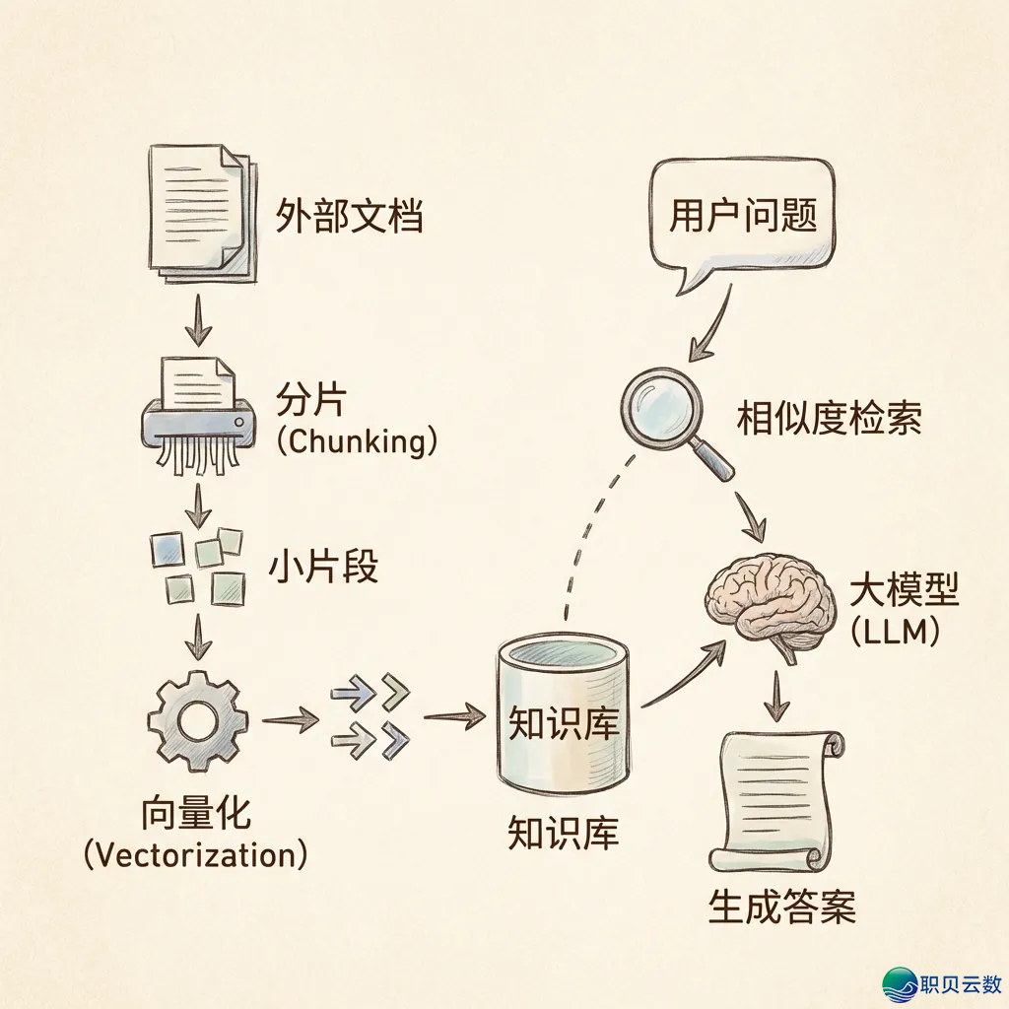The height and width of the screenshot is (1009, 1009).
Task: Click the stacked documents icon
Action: click(200, 211)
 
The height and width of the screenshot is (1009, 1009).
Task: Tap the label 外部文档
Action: click(349, 216)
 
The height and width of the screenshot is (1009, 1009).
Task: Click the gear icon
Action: click(197, 722)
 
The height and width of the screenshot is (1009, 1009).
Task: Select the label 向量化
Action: click(197, 815)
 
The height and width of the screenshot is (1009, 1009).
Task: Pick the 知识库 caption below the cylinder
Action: click(563, 834)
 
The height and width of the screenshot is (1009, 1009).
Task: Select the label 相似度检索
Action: click(830, 421)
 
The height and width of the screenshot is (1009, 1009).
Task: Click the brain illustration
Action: click(767, 600)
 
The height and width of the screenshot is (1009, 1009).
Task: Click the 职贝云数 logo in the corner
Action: click(942, 983)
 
